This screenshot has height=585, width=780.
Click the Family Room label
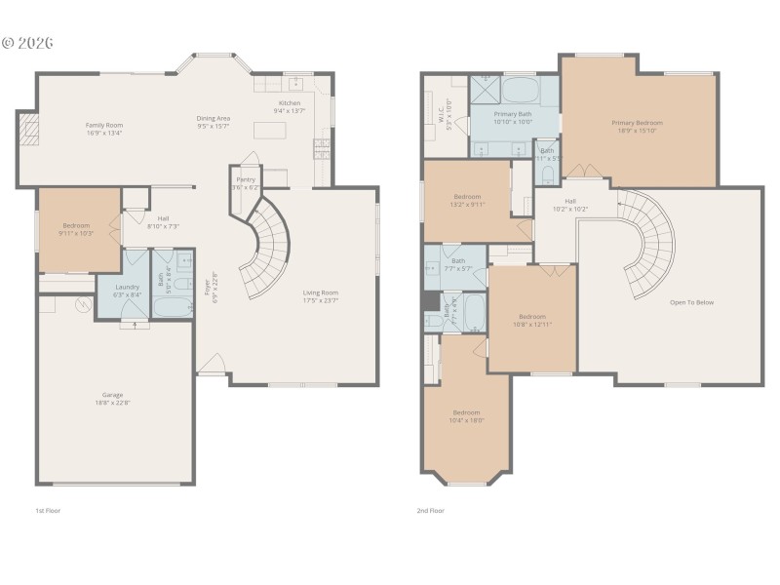(x=103, y=125)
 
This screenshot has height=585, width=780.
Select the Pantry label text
(x=246, y=179)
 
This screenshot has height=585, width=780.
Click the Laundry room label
(x=127, y=287)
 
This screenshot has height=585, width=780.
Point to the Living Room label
(x=320, y=292)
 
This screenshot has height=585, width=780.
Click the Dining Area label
(x=213, y=119)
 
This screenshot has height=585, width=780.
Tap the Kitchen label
(x=290, y=103)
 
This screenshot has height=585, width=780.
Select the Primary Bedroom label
(x=637, y=123)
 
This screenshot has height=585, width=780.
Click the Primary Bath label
(x=512, y=114)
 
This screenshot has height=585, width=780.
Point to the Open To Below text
(x=691, y=302)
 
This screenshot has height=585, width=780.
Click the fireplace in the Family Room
(x=30, y=129)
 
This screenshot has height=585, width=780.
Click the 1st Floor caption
(x=47, y=510)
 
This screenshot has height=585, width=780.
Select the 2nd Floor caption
(x=431, y=510)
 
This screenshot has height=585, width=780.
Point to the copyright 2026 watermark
(x=27, y=43)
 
